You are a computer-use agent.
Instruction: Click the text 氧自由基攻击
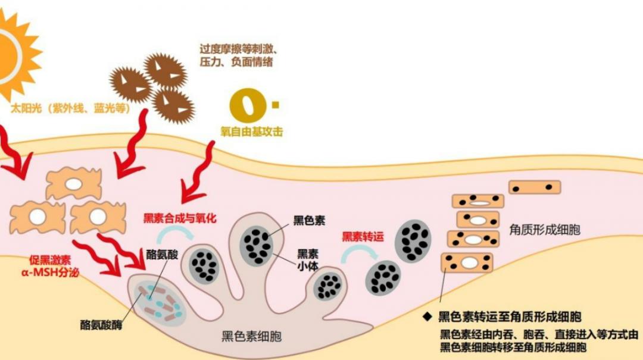click(251, 132)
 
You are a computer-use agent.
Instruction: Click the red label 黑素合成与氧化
click(180, 218)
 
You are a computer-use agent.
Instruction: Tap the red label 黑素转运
click(363, 237)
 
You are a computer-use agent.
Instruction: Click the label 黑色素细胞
click(251, 337)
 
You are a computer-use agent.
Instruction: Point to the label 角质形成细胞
click(545, 229)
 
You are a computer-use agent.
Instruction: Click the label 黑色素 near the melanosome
click(309, 221)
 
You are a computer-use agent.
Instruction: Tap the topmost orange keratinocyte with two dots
click(535, 187)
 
